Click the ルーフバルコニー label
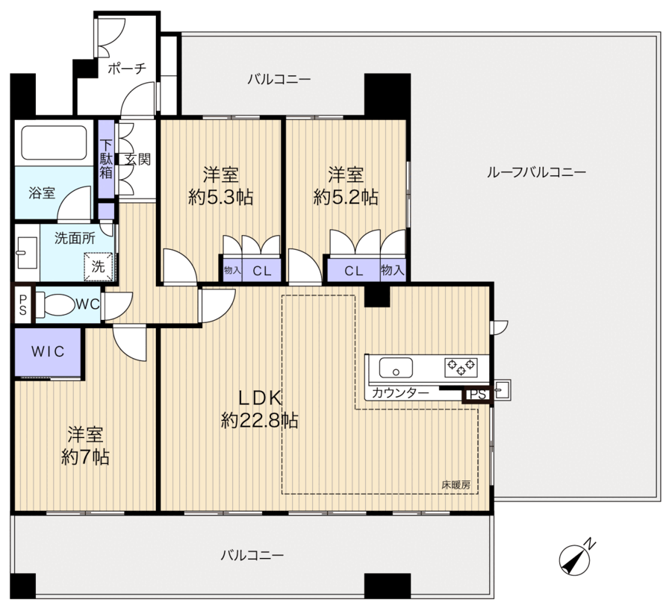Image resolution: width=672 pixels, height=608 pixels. (x=536, y=172)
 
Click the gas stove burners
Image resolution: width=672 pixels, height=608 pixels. (x=461, y=367)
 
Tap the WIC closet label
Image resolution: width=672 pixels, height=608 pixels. (x=48, y=352)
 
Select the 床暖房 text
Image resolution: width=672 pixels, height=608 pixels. (x=456, y=485)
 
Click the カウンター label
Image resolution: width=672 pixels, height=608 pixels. (x=400, y=393)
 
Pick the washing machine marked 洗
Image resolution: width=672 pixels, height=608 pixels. (x=98, y=267)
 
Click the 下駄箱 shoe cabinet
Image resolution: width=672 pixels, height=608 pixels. (x=106, y=159)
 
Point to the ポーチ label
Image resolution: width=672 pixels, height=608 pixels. (x=127, y=68)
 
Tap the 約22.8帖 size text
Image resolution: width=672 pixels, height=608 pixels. (x=260, y=421)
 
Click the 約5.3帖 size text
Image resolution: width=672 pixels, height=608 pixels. (x=221, y=198)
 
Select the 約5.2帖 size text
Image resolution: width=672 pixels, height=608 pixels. (x=346, y=198)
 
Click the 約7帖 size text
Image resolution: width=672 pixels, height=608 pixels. (x=85, y=457)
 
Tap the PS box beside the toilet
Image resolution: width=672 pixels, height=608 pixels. (x=22, y=304)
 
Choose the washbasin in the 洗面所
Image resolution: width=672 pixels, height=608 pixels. (x=27, y=253)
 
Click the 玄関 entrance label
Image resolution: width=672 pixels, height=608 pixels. (x=138, y=160)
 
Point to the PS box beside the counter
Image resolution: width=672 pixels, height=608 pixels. (x=477, y=394)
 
